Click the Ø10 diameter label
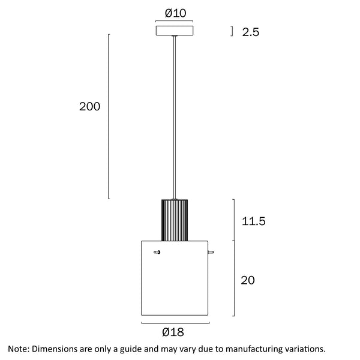pos(175,13)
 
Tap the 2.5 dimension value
pos(250,32)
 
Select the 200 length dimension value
pos(89,107)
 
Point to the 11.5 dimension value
pos(253,221)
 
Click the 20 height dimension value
pos(248,280)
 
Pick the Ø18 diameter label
pos(173,332)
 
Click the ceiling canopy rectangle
pos(175,31)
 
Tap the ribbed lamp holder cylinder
pos(175,220)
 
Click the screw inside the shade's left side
pos(157,252)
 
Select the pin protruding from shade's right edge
pos(211,252)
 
